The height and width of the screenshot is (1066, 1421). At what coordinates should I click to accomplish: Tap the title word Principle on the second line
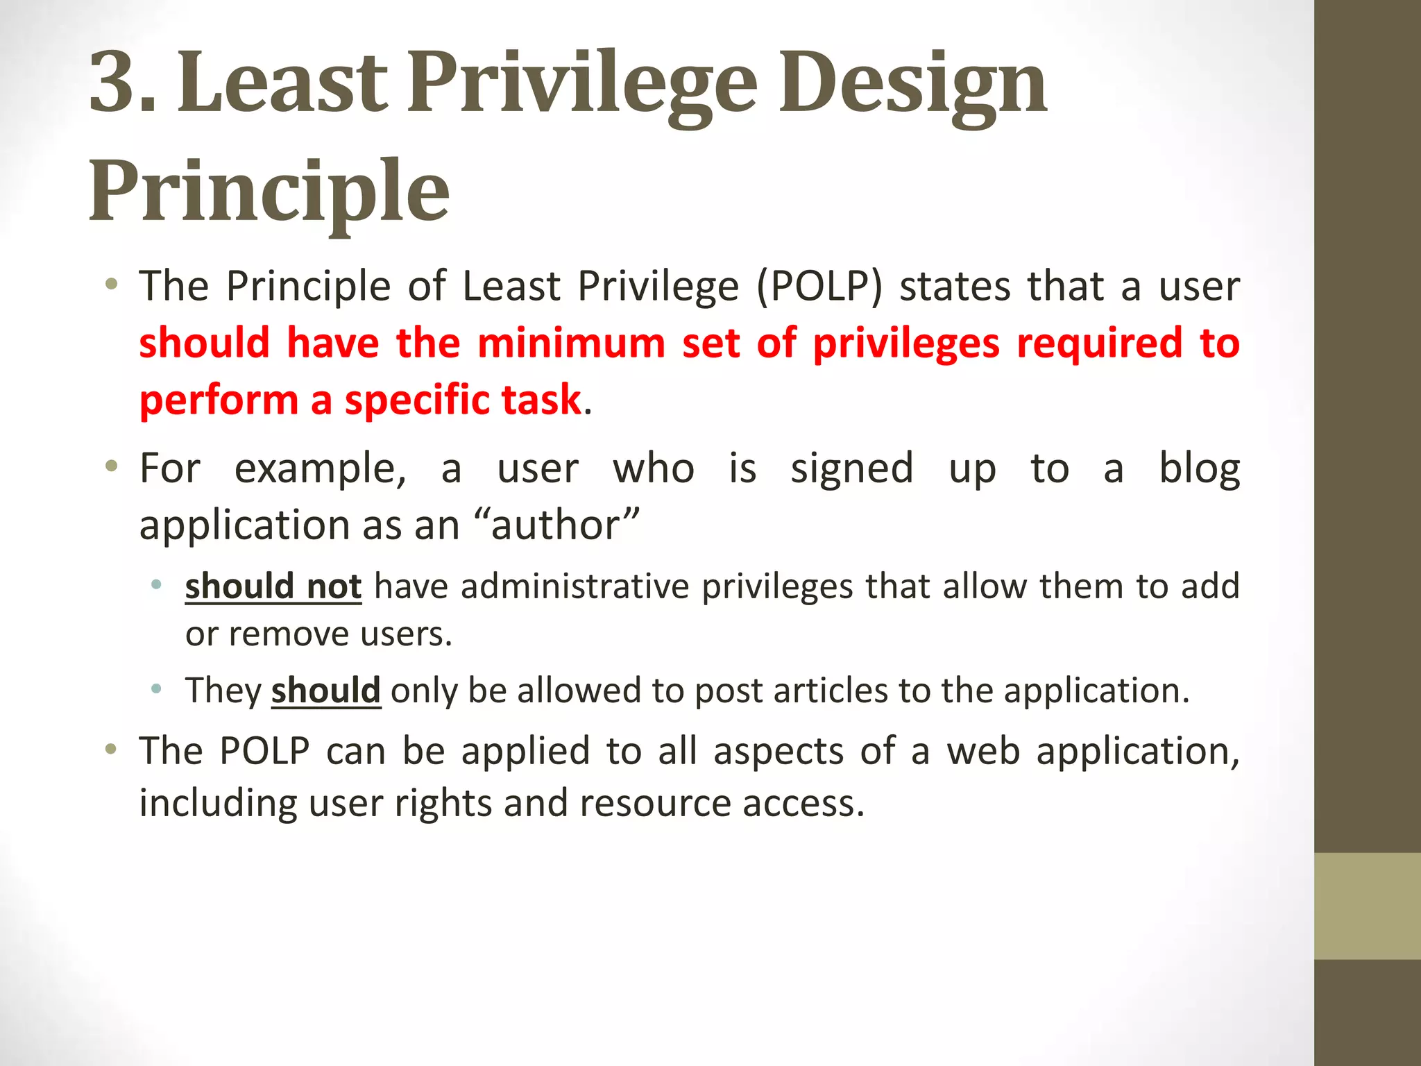[269, 192]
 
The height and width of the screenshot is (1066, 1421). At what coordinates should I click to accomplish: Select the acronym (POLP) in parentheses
[819, 287]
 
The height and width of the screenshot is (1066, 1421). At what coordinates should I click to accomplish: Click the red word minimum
[571, 344]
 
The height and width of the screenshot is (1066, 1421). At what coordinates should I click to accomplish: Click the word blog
[1200, 469]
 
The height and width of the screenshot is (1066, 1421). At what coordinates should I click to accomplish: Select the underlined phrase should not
[273, 586]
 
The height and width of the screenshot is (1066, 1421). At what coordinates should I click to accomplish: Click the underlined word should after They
[325, 691]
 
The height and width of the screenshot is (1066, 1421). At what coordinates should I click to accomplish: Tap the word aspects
[778, 752]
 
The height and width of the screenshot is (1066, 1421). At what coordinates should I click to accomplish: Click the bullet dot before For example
[111, 466]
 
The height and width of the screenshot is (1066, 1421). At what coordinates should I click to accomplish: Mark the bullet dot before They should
[157, 689]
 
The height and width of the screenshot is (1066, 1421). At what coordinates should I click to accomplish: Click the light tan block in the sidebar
[1367, 906]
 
